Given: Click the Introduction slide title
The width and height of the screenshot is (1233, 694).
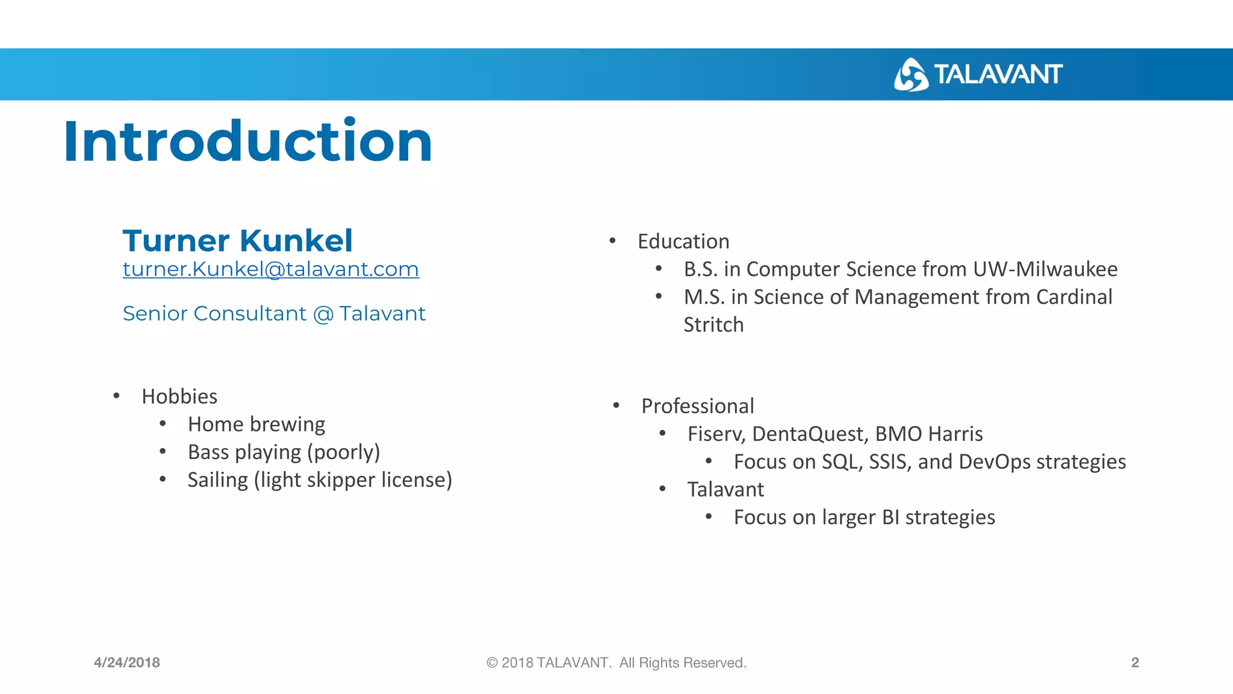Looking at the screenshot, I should (x=247, y=142).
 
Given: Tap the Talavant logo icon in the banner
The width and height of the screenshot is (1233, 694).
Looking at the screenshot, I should (x=910, y=75).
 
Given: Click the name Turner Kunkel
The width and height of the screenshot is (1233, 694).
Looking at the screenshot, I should (x=237, y=240).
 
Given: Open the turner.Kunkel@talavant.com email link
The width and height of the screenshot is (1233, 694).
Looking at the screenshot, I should (x=270, y=269).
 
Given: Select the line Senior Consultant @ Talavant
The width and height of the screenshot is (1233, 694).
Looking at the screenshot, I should (x=274, y=314).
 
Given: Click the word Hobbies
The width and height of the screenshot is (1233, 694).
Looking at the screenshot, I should (x=179, y=396).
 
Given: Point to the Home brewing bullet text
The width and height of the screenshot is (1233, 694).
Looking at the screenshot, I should (x=256, y=424).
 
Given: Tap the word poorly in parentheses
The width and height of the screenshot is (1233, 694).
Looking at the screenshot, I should (x=343, y=452).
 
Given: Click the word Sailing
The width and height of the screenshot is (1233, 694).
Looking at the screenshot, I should (x=217, y=480).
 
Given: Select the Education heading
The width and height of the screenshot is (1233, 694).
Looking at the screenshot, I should (x=683, y=242).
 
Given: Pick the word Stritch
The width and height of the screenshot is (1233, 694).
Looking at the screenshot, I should (x=713, y=325).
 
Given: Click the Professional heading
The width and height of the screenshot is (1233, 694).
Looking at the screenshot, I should (x=697, y=406).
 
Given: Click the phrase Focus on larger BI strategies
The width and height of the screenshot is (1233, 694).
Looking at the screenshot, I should (x=864, y=517).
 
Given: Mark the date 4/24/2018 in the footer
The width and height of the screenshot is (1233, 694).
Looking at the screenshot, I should (x=127, y=663).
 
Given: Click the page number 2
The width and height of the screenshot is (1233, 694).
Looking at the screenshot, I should (x=1135, y=663).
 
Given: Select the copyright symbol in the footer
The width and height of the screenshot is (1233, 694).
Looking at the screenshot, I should (x=492, y=663).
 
